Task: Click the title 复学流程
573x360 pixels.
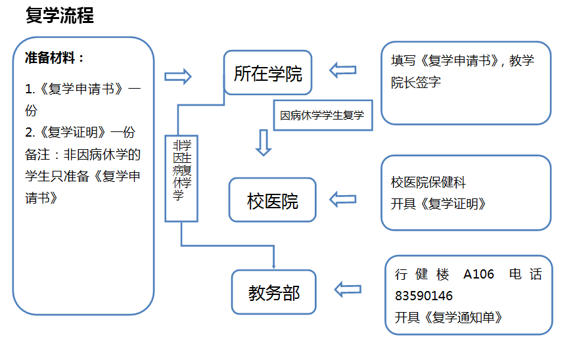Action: click(x=60, y=16)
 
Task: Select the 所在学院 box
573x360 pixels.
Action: click(x=267, y=73)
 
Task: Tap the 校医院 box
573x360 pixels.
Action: click(x=272, y=200)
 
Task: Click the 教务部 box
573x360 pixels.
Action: click(x=273, y=292)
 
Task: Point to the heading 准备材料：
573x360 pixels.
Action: click(x=55, y=58)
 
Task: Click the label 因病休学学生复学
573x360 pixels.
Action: click(x=322, y=116)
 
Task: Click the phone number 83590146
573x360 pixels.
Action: click(x=424, y=296)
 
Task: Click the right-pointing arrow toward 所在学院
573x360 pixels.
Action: click(x=177, y=77)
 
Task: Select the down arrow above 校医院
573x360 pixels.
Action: click(x=264, y=143)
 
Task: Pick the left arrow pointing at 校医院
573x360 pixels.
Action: click(x=342, y=198)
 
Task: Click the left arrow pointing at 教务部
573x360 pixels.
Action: click(x=348, y=288)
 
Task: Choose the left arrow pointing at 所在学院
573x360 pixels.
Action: click(x=342, y=70)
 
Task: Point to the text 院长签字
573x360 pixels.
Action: click(x=415, y=82)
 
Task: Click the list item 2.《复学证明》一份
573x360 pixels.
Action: click(x=80, y=132)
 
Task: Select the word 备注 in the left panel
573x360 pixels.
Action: click(x=39, y=154)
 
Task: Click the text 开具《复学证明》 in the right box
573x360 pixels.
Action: click(x=438, y=204)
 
